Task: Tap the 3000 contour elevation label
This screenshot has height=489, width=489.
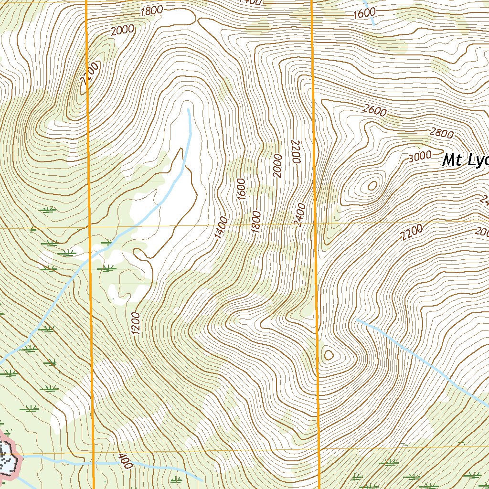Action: pos(420,156)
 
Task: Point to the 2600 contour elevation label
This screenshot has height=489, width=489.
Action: pos(374,110)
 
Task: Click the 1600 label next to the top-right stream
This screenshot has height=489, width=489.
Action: pos(364,13)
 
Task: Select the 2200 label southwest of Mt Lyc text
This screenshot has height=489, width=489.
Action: pos(412,233)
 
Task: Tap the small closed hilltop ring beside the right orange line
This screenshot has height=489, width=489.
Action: pos(329,354)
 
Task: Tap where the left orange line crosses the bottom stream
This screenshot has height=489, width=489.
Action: pos(92,463)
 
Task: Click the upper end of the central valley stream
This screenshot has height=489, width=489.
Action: pos(189,110)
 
